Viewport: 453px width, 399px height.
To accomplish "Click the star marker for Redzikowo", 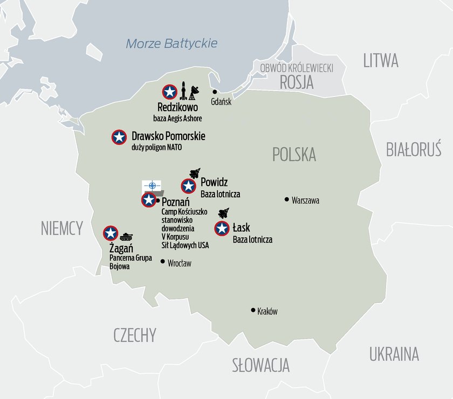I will click(170, 92).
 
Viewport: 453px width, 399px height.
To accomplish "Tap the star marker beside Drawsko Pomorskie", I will click(119, 137).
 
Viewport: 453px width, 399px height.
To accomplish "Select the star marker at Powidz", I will click(188, 187).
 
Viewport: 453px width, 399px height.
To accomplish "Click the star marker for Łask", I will click(222, 229).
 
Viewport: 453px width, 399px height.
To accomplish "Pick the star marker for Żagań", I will click(111, 233).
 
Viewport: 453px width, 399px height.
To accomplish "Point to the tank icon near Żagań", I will click(127, 235).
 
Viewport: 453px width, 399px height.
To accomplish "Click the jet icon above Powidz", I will click(195, 173).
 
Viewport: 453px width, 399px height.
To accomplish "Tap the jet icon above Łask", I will click(224, 213).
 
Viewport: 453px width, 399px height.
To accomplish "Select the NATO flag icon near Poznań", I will click(152, 186).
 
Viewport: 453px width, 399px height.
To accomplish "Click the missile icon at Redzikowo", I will click(184, 91).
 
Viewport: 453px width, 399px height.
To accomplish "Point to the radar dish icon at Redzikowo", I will click(194, 93).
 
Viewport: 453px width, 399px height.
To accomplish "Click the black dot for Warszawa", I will click(287, 200).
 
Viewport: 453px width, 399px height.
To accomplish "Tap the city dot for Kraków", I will click(252, 310).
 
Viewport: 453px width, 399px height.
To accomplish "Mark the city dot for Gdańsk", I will click(214, 92).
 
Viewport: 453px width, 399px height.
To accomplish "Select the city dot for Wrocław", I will click(163, 262).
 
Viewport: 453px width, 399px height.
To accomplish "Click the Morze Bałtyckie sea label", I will click(171, 43).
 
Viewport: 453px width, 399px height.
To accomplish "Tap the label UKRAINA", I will click(394, 354).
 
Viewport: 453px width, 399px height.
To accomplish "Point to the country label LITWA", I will click(381, 60).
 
